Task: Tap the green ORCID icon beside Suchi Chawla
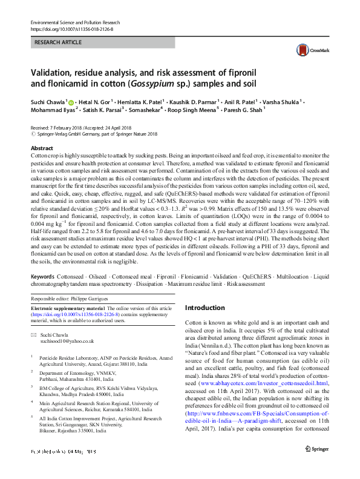pyautogui.click(x=71, y=102)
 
